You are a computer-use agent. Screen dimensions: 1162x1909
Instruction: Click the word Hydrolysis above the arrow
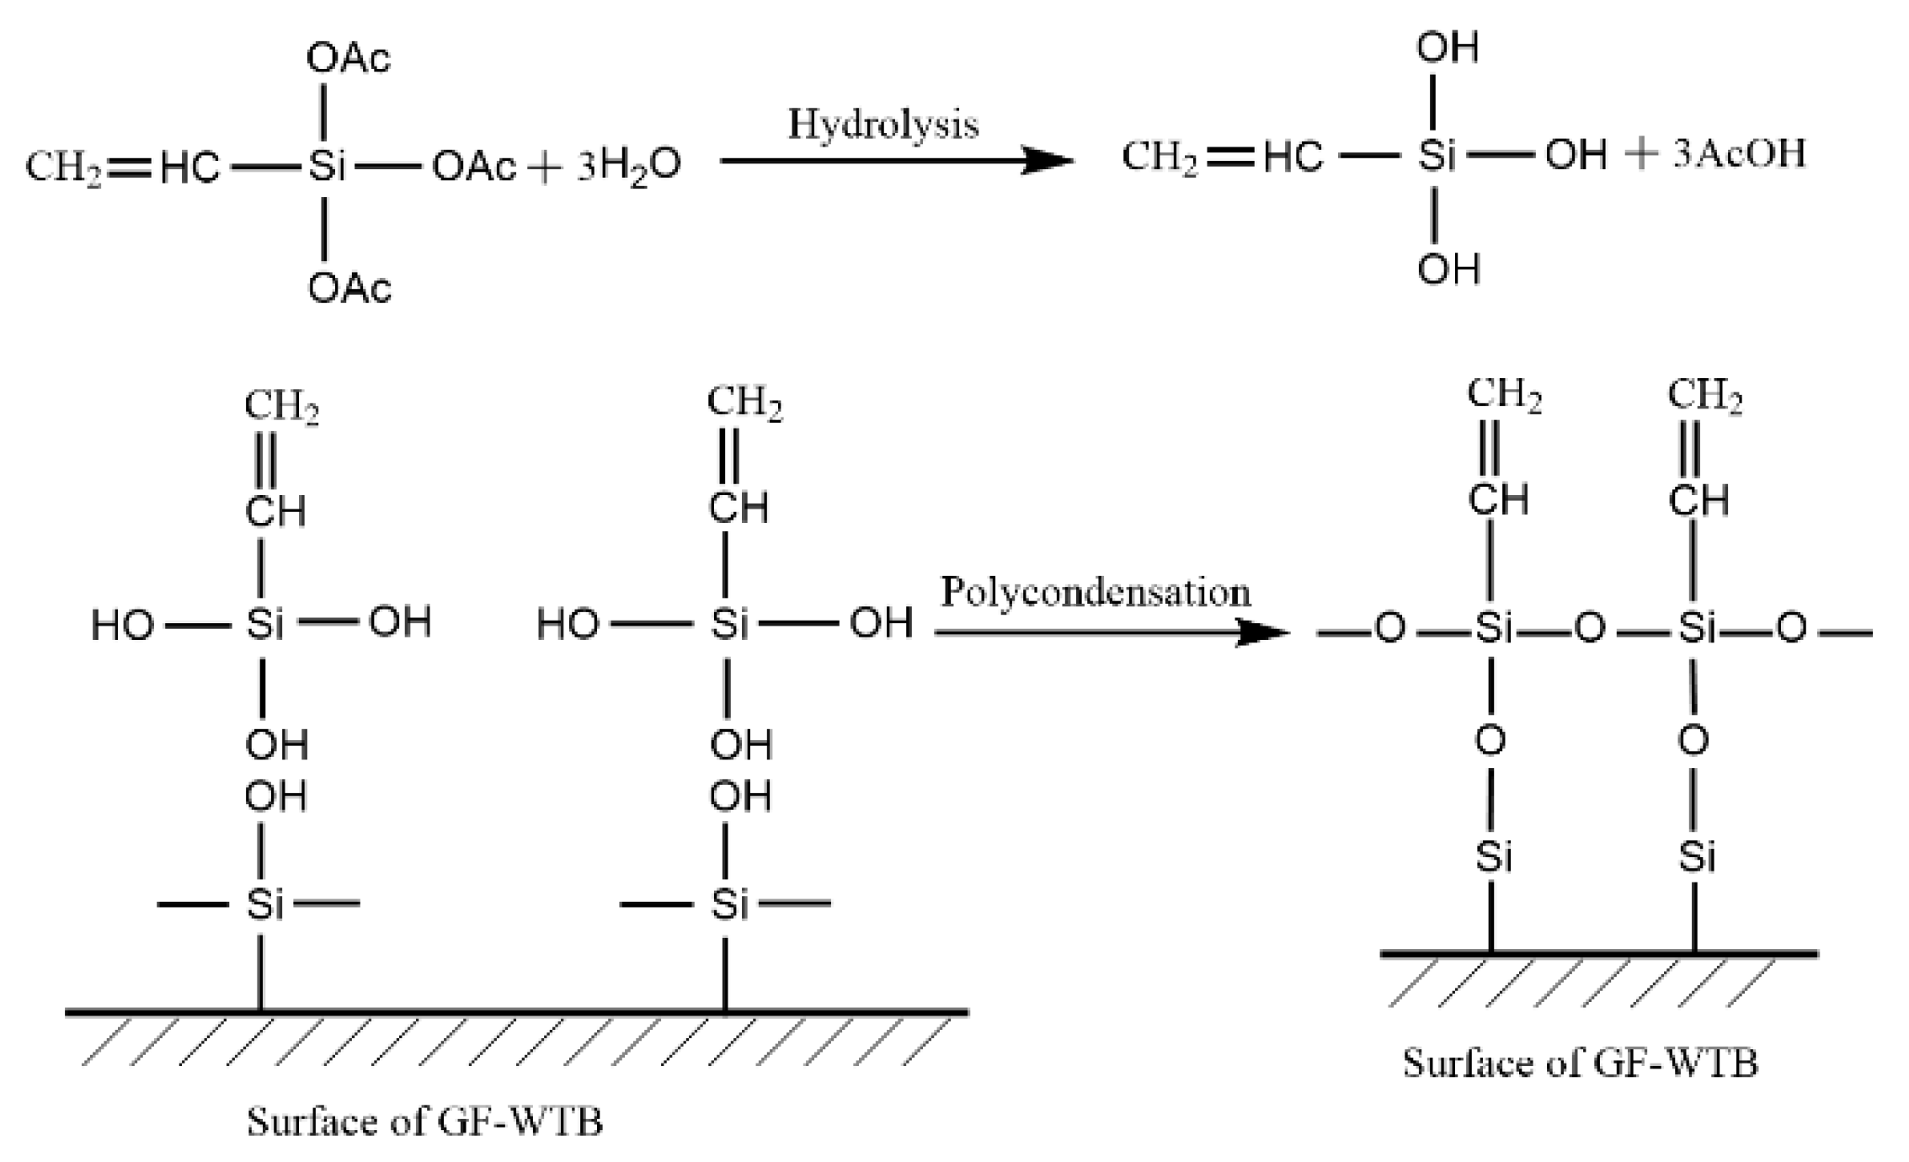point(883,125)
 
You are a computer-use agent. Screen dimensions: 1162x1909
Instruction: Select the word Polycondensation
point(1095,592)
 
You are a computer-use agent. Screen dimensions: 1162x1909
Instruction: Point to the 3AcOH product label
point(1739,154)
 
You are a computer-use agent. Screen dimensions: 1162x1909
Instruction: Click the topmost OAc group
point(349,59)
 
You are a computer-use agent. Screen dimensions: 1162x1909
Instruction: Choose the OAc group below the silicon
point(349,289)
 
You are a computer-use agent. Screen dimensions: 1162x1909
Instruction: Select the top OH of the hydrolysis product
point(1447,48)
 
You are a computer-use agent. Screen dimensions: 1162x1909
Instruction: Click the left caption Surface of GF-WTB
point(424,1122)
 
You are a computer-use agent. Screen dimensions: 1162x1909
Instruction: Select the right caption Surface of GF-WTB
point(1580,1063)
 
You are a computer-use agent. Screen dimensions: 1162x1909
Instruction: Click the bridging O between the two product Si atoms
point(1589,629)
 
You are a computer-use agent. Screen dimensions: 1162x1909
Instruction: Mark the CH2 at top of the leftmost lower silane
point(281,407)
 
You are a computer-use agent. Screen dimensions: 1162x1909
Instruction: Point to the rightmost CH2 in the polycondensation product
point(1704,396)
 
